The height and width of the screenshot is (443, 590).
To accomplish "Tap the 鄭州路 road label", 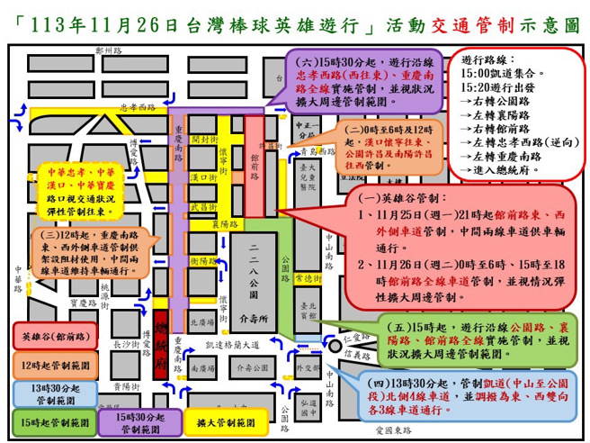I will (111, 51).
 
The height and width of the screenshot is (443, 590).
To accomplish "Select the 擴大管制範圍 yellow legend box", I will (216, 420).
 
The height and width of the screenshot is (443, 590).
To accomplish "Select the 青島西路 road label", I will (315, 150).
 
